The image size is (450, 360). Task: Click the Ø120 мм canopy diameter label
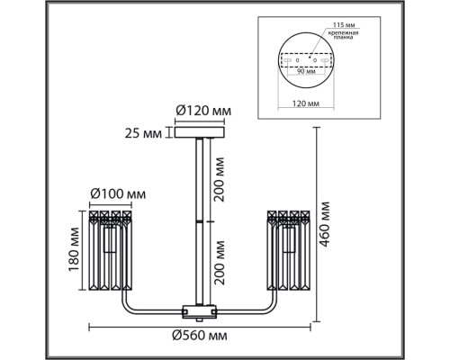[202, 112]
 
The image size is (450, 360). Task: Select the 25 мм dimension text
[146, 134]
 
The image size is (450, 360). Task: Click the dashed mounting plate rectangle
[304, 62]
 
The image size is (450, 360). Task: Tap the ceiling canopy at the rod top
[200, 134]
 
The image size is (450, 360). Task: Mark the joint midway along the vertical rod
[200, 220]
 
